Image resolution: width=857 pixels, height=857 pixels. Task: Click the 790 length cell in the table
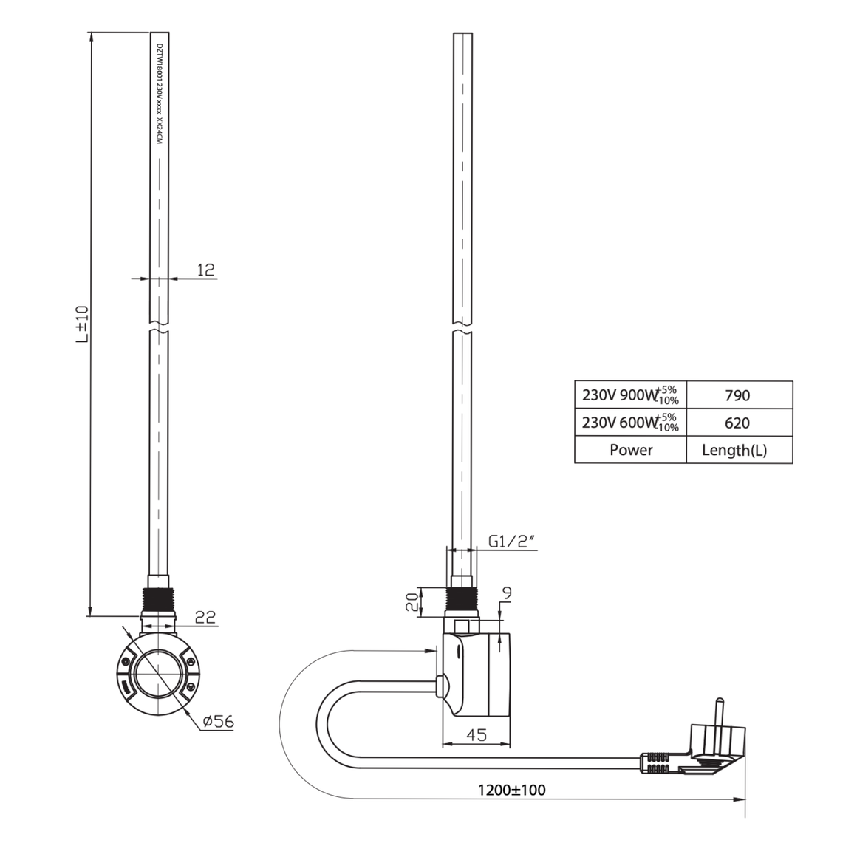(739, 395)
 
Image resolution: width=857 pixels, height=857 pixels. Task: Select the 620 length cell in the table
(739, 423)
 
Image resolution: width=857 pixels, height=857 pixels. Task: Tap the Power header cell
(631, 450)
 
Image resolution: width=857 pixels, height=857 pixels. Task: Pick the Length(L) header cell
(739, 450)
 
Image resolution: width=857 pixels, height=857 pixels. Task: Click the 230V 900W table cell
(631, 395)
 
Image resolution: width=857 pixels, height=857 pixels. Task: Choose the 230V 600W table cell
(631, 423)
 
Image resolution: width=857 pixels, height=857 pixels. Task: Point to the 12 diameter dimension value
(205, 270)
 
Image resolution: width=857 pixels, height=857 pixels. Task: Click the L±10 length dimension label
(81, 324)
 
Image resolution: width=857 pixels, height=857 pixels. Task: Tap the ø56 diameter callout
(218, 722)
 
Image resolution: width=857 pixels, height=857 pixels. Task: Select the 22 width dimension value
(205, 618)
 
